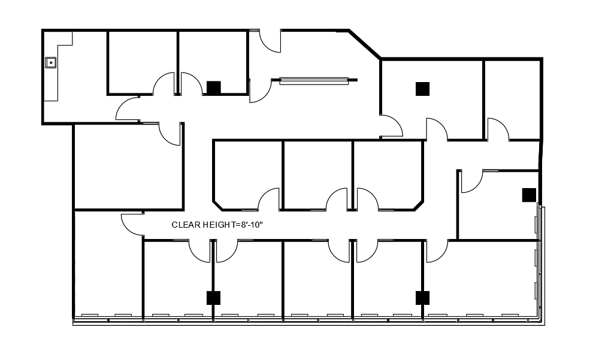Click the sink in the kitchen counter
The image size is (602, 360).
(x=51, y=62)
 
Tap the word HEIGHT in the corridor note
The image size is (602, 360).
(x=217, y=225)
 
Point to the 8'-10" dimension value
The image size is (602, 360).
(x=252, y=225)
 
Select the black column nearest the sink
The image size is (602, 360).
(x=214, y=88)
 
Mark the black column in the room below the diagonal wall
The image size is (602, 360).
(x=422, y=89)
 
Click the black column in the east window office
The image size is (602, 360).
(x=529, y=195)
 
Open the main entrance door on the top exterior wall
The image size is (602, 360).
(x=270, y=41)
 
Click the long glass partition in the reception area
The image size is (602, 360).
(x=314, y=81)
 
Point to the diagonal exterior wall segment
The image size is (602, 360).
(x=365, y=44)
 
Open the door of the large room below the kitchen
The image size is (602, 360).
(x=170, y=134)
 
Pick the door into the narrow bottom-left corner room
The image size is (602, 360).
(x=132, y=225)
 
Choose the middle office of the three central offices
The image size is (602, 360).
(x=318, y=175)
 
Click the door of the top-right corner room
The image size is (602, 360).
(x=498, y=129)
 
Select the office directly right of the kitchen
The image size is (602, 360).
(x=142, y=62)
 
